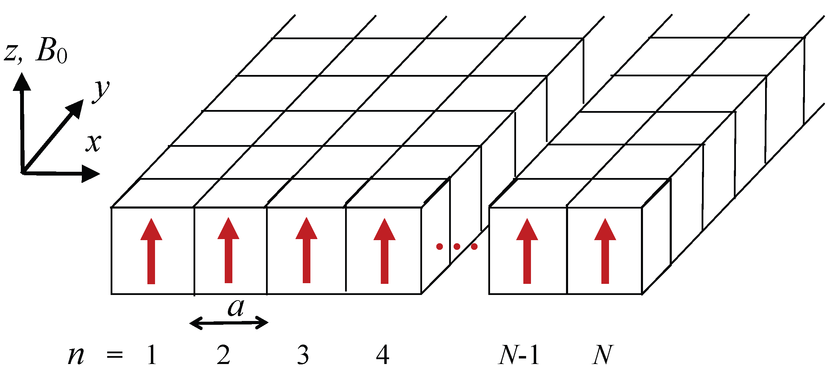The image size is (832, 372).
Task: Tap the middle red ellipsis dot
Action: [457, 247]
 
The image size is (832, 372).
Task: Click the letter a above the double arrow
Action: [236, 307]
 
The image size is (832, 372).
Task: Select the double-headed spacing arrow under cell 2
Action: [229, 323]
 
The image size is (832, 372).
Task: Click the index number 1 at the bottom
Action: [152, 355]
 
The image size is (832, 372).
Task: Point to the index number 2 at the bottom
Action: [223, 355]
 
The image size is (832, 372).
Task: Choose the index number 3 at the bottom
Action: [303, 355]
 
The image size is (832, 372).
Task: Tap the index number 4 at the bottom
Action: [383, 355]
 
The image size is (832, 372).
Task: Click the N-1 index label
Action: [519, 355]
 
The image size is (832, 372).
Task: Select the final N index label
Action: [603, 355]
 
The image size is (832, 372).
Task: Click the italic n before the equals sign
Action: [76, 356]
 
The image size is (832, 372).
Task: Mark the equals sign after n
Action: [115, 355]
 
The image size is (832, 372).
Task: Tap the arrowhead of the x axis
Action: [91, 174]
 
